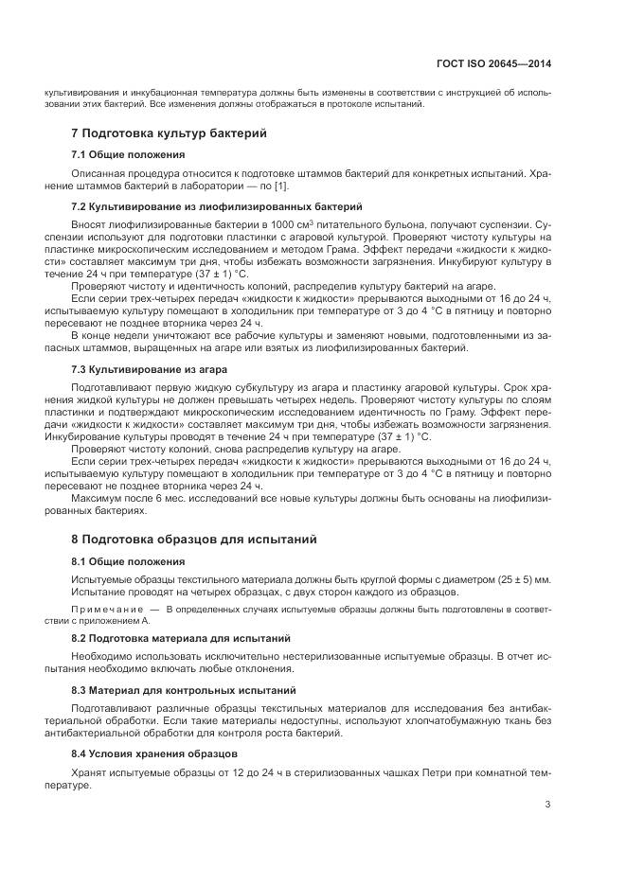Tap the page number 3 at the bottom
pos(547,805)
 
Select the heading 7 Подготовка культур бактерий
pos(170,133)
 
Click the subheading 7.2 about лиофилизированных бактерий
pos(217,205)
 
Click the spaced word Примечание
pos(107,610)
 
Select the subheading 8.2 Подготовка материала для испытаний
pos(181,638)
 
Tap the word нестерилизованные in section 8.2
pos(307,656)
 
